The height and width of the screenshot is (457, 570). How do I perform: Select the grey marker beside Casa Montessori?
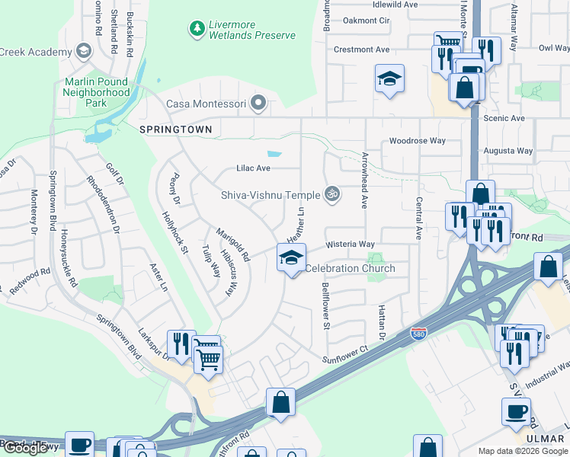pos(260,102)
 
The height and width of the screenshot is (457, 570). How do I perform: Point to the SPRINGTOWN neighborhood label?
pos(175,130)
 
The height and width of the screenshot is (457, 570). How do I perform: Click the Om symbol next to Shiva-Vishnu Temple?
pos(331,194)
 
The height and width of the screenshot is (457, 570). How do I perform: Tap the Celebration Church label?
pos(350,268)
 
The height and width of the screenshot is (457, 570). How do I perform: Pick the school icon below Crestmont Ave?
pos(389,78)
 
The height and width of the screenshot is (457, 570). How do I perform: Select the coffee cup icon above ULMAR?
pos(516,412)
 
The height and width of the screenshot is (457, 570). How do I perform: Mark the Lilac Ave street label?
pos(252,168)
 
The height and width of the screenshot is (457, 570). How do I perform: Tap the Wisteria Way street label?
pos(351,244)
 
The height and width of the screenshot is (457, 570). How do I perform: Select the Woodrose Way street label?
pos(417,141)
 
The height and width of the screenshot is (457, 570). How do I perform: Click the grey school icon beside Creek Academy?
pos(83,52)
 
